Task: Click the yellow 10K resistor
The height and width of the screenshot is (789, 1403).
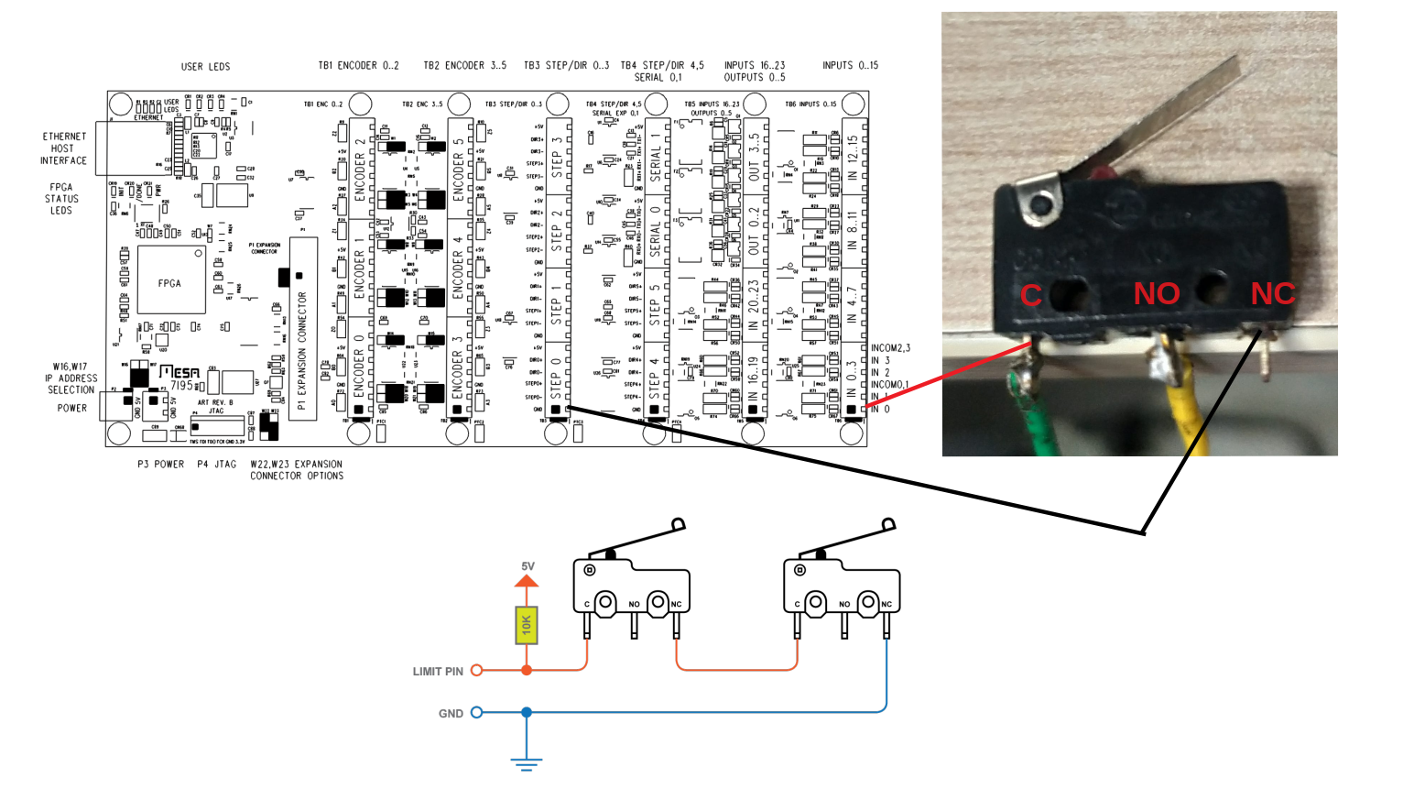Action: tap(527, 625)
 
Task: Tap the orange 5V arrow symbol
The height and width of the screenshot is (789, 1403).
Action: tap(527, 581)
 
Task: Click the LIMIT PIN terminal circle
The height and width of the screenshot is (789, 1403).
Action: tap(476, 671)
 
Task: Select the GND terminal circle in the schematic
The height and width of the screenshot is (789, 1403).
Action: tap(476, 712)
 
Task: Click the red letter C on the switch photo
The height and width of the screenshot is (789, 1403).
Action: tap(1031, 295)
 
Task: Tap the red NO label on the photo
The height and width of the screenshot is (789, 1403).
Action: tap(1156, 293)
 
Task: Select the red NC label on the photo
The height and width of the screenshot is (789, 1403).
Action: tap(1273, 293)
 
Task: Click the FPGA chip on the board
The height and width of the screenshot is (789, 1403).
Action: tap(170, 282)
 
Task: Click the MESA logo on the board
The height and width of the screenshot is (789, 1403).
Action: tap(179, 372)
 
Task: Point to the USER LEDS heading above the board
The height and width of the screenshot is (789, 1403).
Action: tap(205, 67)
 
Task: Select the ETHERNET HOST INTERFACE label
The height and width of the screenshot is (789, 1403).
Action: tap(63, 148)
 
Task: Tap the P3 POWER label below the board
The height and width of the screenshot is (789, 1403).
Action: tap(160, 465)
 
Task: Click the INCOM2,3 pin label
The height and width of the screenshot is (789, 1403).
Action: tap(890, 348)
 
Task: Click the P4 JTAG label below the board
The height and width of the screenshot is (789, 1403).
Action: tap(217, 465)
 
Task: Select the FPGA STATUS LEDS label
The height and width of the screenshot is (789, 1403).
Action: tap(61, 199)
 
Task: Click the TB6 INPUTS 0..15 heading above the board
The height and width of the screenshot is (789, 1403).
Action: tap(850, 65)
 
